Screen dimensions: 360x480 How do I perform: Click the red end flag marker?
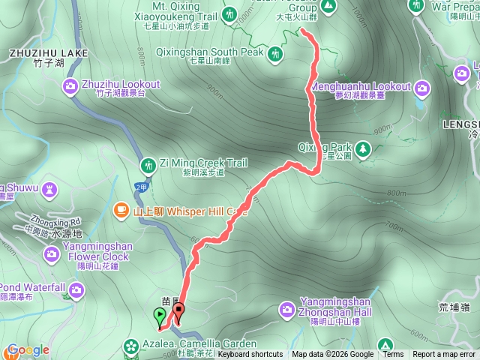coord(178,309)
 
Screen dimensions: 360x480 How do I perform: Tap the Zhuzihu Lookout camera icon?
coord(70,85)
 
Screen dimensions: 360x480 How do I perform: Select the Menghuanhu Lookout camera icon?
coord(422,89)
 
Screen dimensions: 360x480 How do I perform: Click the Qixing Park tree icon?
coord(363,148)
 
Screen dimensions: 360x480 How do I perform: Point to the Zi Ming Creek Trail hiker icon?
coord(147,164)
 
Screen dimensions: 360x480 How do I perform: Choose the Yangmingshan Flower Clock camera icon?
coord(52,253)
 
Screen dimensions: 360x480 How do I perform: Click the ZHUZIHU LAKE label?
coord(49,53)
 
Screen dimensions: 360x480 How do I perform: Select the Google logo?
coord(28,350)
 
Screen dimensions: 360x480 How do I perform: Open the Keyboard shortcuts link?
coord(250,355)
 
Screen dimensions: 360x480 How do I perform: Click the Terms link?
coord(392,355)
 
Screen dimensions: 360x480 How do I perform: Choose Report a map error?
coord(444,355)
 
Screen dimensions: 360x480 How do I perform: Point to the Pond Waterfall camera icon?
coord(76,289)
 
